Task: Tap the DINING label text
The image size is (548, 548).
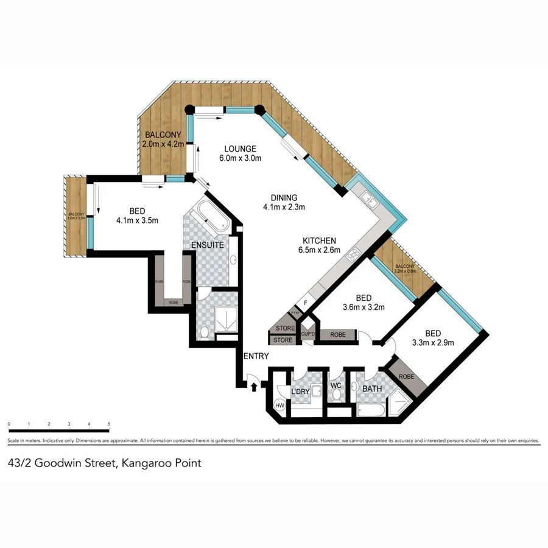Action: (x=284, y=197)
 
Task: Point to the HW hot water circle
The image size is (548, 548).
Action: (x=281, y=405)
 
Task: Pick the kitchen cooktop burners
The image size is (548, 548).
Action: (x=353, y=256)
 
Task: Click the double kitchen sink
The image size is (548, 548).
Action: (x=370, y=198)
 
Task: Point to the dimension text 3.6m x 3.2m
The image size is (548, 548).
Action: (x=364, y=307)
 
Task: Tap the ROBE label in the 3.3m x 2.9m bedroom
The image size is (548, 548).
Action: (x=406, y=377)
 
